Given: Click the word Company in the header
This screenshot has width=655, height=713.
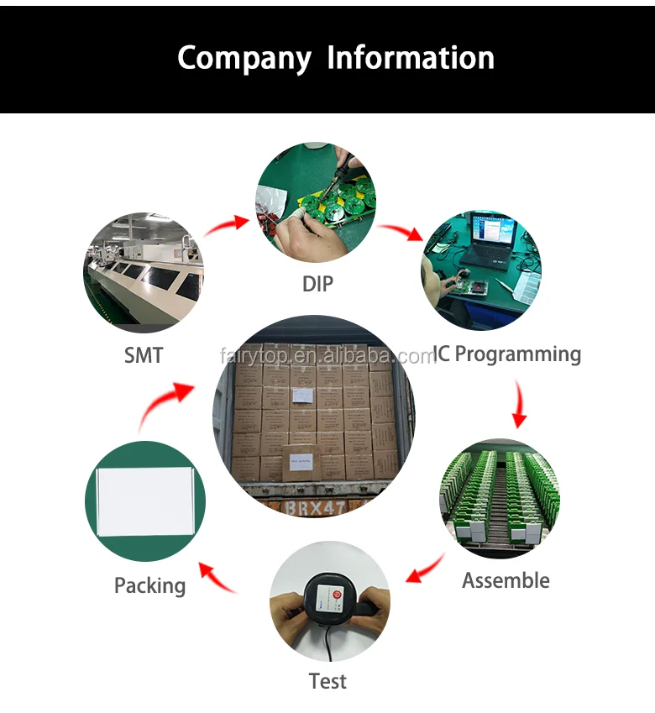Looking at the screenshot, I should [x=244, y=58].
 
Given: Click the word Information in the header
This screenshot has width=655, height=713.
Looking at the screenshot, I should [x=411, y=57].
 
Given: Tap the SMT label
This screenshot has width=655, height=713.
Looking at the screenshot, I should [x=144, y=355].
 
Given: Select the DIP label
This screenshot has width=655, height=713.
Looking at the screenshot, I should [x=317, y=284].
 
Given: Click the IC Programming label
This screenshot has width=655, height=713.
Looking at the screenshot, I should [x=506, y=354].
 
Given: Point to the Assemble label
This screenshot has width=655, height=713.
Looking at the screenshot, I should [x=506, y=580].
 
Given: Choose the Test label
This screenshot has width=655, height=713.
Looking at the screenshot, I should [x=327, y=680].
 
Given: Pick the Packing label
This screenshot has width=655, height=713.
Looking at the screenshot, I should [x=149, y=585].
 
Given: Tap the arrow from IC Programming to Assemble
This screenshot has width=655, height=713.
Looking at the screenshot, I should [x=521, y=406].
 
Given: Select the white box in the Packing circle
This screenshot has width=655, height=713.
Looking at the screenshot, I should [x=144, y=501].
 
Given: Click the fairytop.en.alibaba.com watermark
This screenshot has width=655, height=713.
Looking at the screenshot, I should [x=327, y=356].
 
